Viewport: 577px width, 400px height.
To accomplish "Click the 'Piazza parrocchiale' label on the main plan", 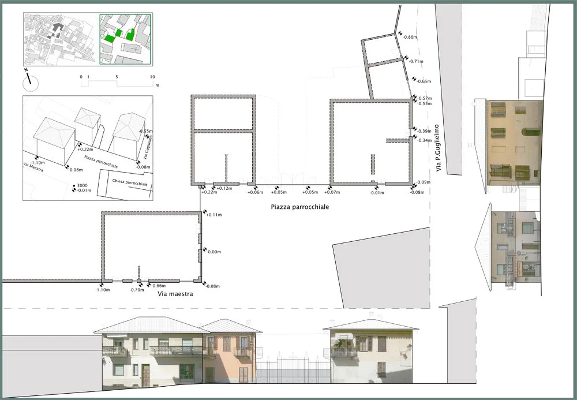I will [299, 207].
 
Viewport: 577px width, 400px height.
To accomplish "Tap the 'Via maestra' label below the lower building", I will [175, 294].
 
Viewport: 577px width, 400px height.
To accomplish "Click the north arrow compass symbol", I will [31, 81].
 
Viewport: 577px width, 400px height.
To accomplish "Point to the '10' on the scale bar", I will [152, 77].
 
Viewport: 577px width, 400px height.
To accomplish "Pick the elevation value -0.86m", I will [411, 37].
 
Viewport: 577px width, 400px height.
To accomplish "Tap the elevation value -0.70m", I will [136, 290].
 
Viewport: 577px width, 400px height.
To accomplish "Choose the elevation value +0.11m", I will [213, 215].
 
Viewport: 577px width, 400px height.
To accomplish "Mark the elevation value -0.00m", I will [213, 252].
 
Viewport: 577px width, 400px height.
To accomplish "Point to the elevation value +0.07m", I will [332, 192].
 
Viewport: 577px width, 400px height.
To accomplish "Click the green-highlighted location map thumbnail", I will [125, 39].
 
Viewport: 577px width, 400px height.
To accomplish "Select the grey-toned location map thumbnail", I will [59, 39].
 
